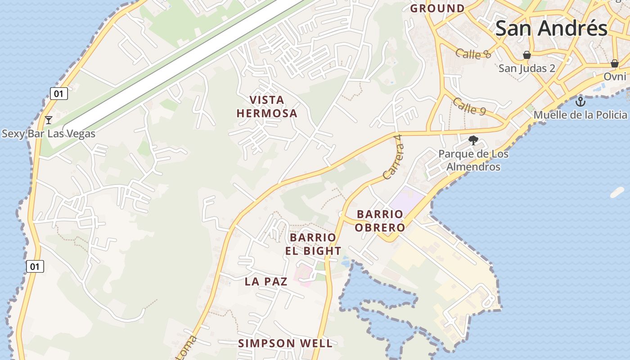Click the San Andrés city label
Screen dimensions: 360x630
pos(551,28)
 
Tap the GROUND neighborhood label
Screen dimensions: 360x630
pos(437,8)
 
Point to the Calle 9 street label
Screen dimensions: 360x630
pos(469,107)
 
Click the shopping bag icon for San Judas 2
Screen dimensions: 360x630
pos(526,55)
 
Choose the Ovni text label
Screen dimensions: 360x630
pos(615,76)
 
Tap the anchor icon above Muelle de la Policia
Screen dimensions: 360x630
pos(580,101)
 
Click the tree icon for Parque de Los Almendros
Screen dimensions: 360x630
pos(473,141)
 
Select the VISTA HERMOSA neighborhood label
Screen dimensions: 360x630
pos(267,107)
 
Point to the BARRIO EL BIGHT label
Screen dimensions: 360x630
pos(313,244)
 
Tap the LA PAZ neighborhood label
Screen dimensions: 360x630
pos(266,282)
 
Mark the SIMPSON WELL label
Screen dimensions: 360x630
pos(285,343)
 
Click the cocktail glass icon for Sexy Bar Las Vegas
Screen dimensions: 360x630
pos(49,120)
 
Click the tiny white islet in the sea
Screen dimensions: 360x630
pos(617,193)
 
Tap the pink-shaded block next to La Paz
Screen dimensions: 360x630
pos(304,274)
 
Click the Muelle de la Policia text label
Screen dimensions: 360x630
pos(580,115)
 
